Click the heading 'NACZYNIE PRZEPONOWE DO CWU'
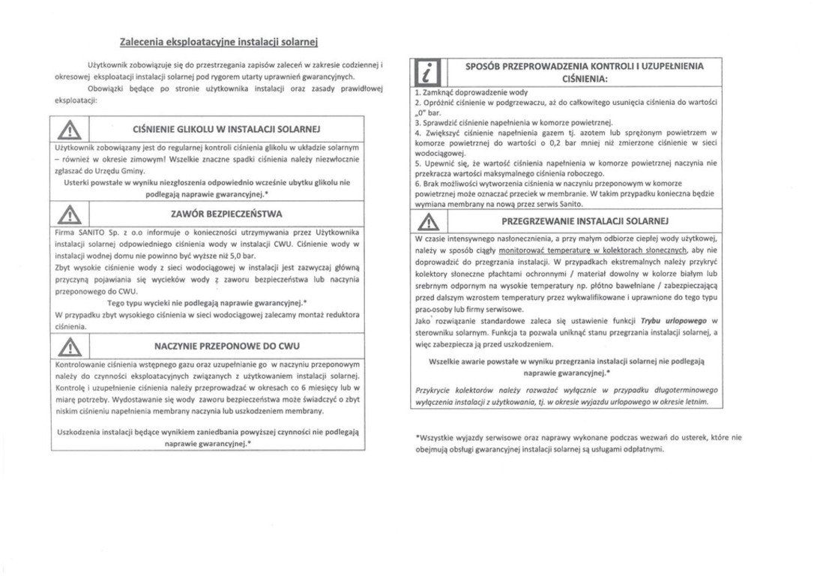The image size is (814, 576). click(226, 346)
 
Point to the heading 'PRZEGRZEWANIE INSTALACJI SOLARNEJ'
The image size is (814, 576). click(584, 221)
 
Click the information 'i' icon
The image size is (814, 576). click(429, 72)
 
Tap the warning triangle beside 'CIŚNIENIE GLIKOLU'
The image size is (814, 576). click(69, 129)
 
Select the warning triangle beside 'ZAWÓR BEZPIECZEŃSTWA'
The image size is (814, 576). click(69, 214)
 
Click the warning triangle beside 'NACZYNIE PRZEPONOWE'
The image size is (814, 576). click(69, 346)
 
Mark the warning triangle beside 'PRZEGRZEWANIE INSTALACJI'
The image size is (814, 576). click(429, 221)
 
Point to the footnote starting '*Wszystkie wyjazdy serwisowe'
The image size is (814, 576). click(578, 442)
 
